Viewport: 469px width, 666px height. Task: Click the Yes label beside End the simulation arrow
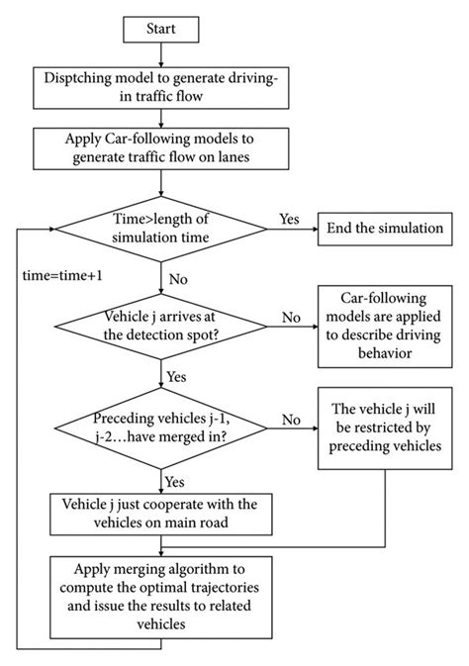click(290, 218)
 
